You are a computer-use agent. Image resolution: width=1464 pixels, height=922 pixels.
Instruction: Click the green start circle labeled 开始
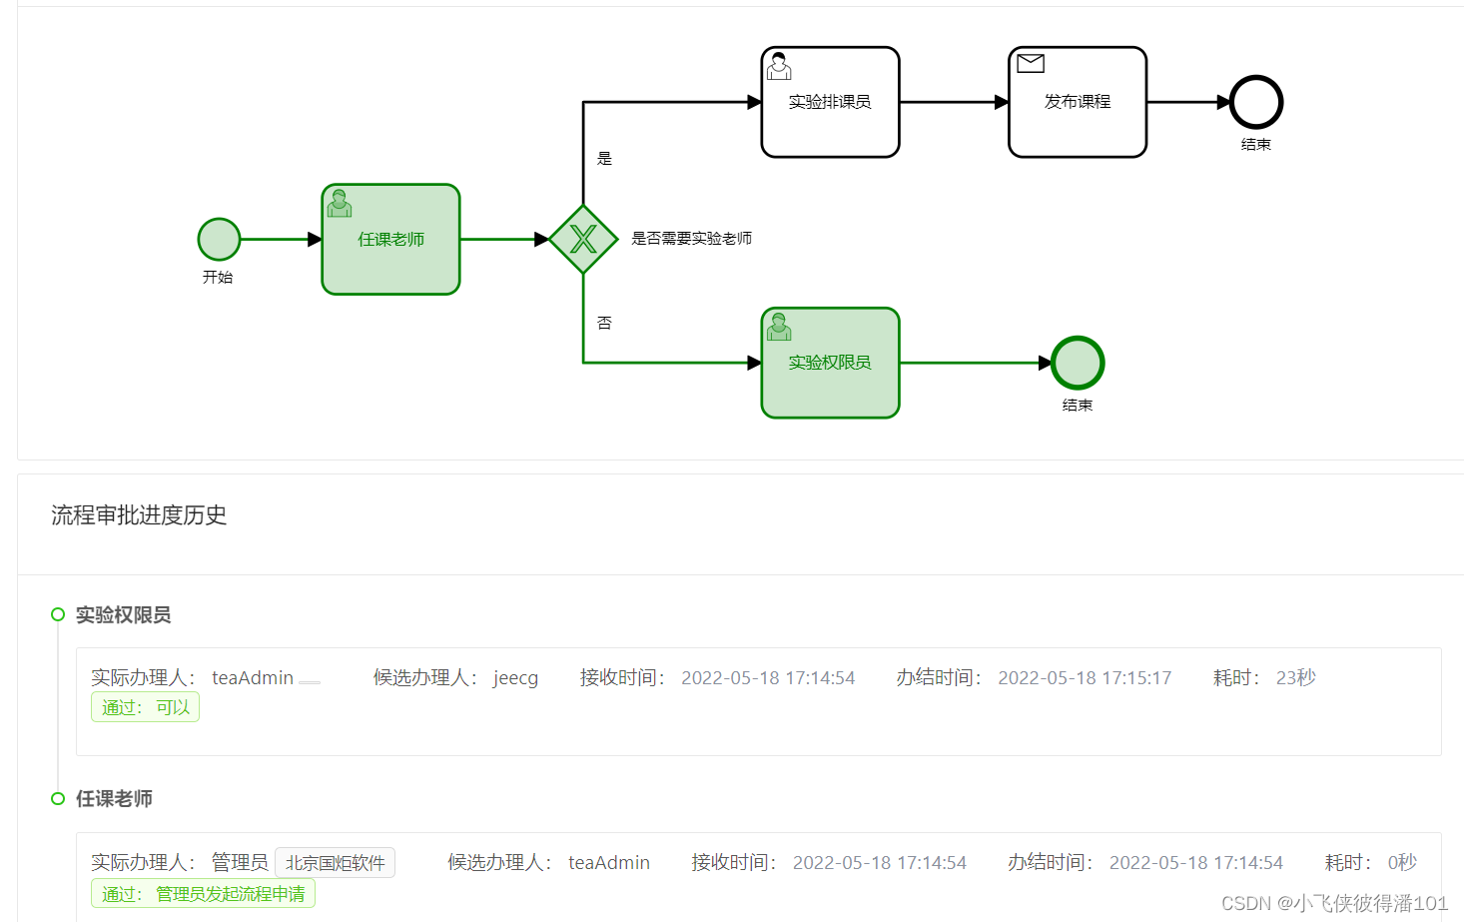point(219,240)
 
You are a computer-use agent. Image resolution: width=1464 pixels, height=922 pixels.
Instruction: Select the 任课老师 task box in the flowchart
point(390,240)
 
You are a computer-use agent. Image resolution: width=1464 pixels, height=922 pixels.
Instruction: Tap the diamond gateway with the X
point(583,240)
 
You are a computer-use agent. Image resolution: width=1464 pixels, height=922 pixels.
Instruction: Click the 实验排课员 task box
point(830,102)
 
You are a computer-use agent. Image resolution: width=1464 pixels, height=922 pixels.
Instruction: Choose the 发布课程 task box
point(1077,102)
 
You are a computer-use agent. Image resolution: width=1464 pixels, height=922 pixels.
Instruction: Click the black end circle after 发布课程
point(1255,102)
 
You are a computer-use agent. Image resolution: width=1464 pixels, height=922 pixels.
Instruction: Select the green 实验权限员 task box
point(830,363)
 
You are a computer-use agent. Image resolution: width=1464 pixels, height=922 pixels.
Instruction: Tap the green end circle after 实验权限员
point(1078,363)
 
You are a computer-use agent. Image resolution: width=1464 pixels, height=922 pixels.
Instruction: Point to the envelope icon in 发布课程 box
point(1031,64)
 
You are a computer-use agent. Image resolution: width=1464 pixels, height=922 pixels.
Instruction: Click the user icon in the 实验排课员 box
point(779,67)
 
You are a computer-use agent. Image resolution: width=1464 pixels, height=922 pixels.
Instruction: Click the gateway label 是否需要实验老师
point(691,239)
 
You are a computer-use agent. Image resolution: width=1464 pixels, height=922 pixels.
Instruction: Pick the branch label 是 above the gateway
point(604,159)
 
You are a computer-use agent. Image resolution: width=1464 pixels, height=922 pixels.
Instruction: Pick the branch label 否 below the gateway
point(604,323)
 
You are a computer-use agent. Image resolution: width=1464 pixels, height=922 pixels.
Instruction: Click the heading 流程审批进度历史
point(139,515)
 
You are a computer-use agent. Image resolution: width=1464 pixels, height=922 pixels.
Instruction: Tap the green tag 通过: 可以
point(145,707)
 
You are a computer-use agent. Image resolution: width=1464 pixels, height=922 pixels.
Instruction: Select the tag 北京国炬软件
point(335,863)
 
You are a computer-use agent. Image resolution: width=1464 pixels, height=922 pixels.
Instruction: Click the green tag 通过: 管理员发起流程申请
point(203,894)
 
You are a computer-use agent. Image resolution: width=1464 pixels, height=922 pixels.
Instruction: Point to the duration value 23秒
point(1295,678)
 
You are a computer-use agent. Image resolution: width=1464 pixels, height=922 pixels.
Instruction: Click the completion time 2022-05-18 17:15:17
point(1085,678)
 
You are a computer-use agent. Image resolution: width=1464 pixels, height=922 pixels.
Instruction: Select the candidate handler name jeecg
point(515,678)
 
